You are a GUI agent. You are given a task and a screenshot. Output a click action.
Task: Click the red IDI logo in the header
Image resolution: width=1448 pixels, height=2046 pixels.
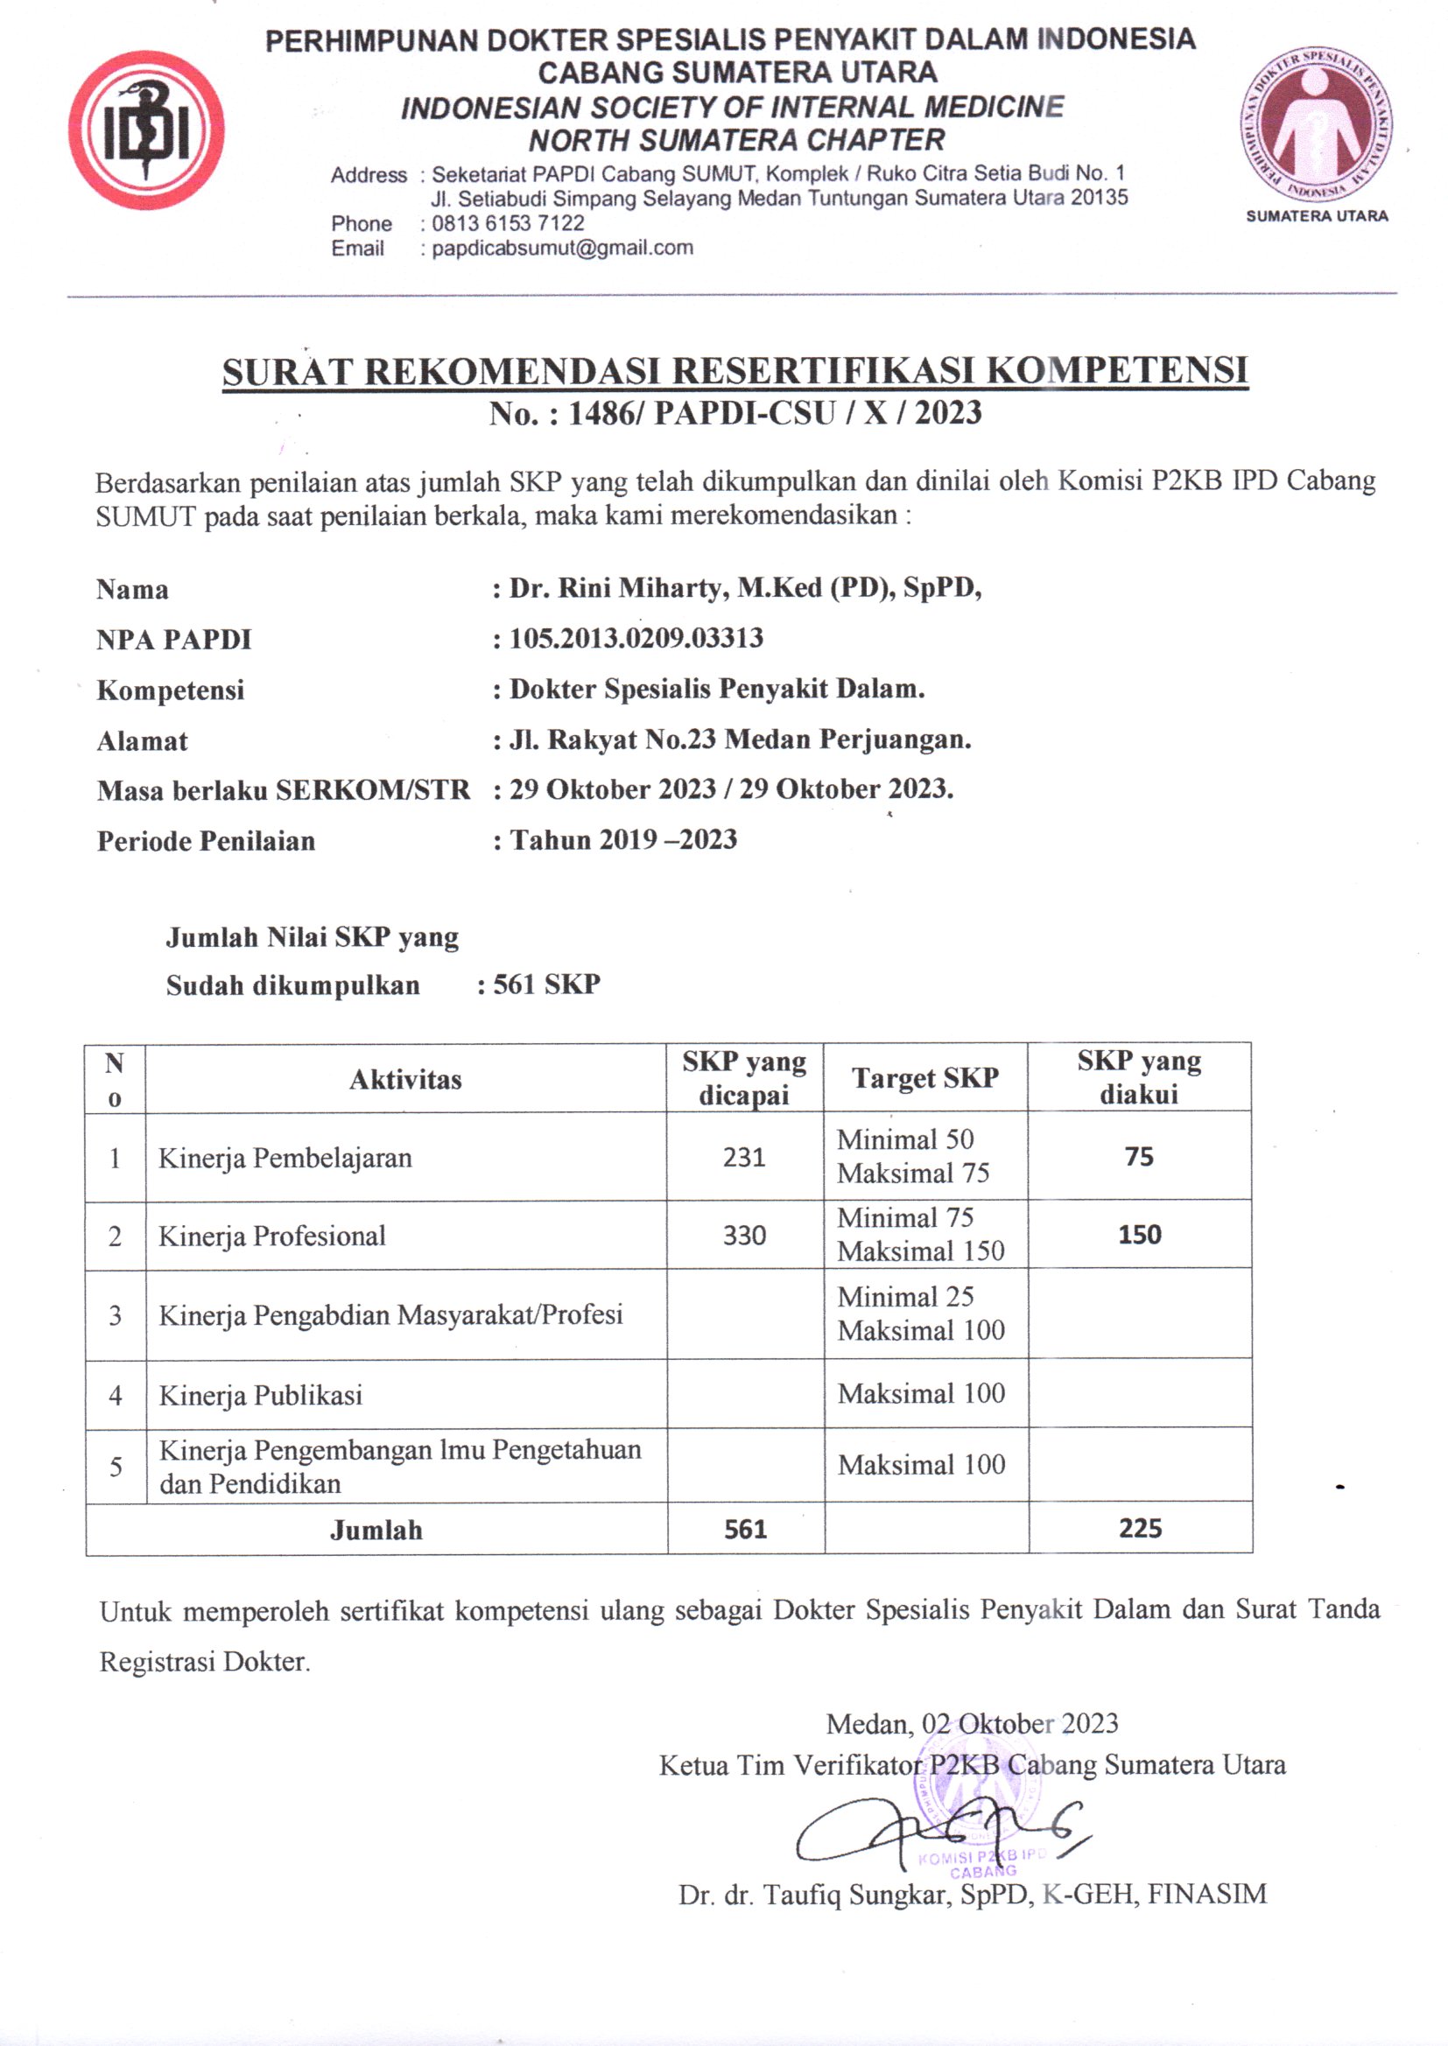coord(146,130)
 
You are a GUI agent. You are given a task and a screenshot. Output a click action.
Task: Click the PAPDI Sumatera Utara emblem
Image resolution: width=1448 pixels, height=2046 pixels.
coord(1317,125)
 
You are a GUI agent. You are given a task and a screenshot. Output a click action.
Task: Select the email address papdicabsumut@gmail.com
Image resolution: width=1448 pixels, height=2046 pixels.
coord(562,249)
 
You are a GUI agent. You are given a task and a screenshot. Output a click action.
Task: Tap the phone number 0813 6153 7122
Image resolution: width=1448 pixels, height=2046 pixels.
coord(508,223)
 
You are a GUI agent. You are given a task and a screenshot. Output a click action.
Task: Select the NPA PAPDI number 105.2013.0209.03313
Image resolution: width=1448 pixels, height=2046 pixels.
coord(636,638)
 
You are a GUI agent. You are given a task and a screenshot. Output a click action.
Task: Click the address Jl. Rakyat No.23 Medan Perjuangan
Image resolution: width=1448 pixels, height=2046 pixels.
coord(739,739)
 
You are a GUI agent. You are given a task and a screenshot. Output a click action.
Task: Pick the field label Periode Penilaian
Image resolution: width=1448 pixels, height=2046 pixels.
coord(206,841)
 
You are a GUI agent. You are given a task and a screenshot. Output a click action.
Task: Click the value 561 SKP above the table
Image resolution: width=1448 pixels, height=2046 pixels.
coord(546,984)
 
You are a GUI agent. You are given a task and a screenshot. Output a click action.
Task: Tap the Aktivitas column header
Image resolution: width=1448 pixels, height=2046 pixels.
coord(405,1080)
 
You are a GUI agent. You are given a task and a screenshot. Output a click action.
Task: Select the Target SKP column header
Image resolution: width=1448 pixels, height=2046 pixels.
coord(924,1078)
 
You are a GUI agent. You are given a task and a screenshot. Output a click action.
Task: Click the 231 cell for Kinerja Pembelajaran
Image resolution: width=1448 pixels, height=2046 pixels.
coord(744,1158)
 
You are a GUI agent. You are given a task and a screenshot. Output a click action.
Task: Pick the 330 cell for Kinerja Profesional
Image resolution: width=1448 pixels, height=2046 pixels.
coord(744,1236)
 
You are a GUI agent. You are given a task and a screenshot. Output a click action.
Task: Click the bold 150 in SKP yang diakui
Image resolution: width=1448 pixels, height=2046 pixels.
coord(1140,1235)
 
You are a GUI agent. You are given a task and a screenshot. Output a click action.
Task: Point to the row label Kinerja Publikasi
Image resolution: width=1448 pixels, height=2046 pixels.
coord(260,1396)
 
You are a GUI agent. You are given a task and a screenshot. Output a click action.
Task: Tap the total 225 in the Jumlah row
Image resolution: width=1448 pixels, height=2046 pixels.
coord(1141,1529)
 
